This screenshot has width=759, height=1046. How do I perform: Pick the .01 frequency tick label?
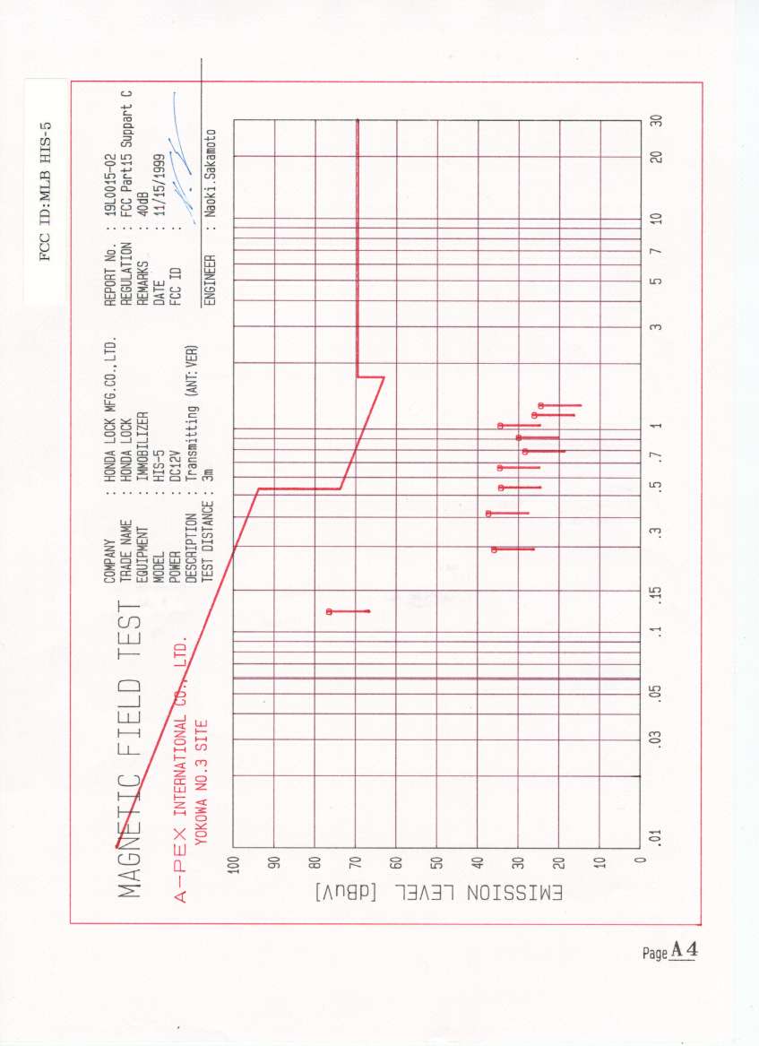click(657, 838)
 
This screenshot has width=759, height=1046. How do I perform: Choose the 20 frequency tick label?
click(657, 156)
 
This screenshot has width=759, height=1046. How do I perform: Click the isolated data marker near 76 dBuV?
click(329, 611)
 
